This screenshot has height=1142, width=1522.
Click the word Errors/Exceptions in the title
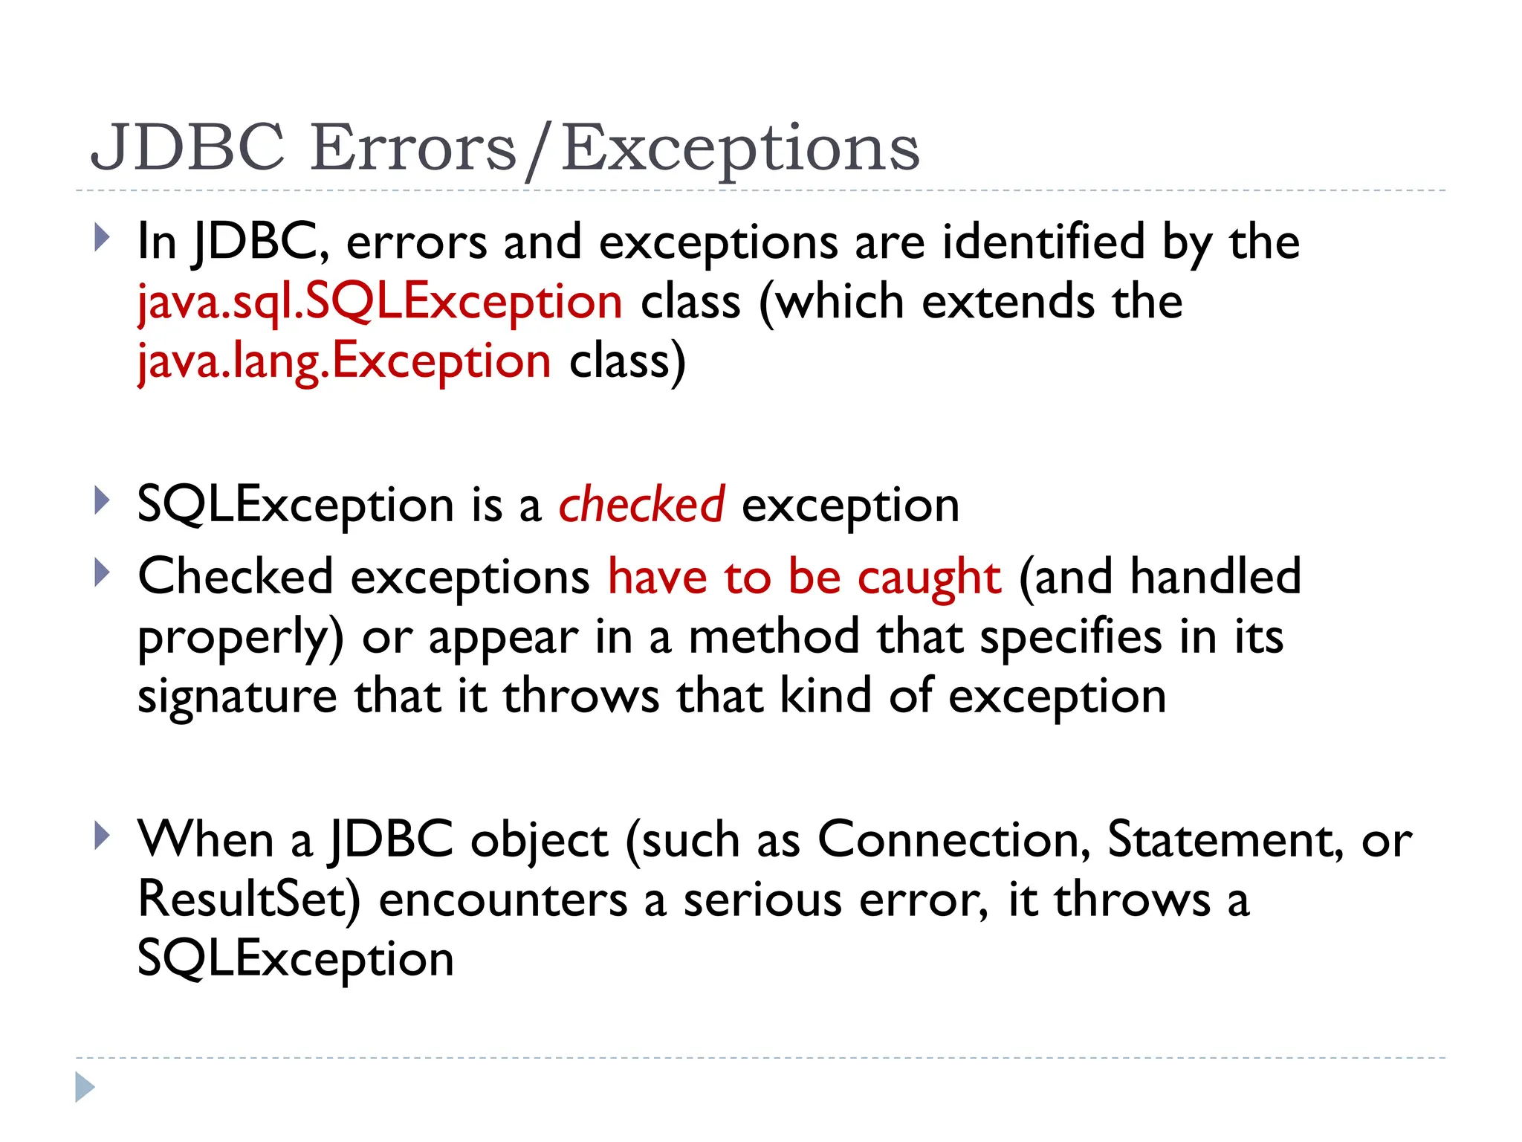(615, 149)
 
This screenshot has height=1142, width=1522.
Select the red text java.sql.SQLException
(380, 302)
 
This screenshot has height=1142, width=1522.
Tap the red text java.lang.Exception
(344, 361)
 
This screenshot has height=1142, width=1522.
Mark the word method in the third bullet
(774, 637)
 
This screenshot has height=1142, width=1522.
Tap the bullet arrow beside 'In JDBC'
(103, 238)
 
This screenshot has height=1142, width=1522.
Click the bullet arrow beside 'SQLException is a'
(103, 501)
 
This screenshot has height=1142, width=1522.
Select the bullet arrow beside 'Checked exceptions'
(103, 573)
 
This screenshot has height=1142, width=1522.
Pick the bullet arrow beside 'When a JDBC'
(103, 836)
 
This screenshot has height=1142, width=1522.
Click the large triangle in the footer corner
(85, 1087)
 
